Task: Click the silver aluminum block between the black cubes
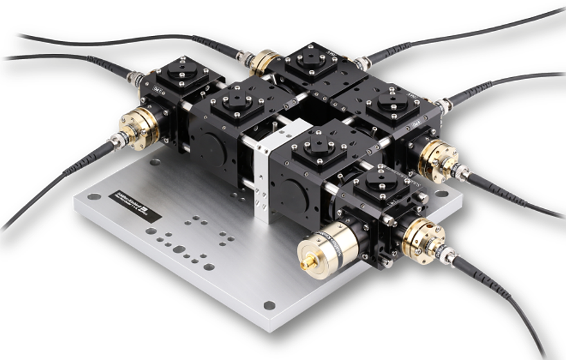pyautogui.click(x=265, y=174)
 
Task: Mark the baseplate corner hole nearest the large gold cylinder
pyautogui.click(x=269, y=305)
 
